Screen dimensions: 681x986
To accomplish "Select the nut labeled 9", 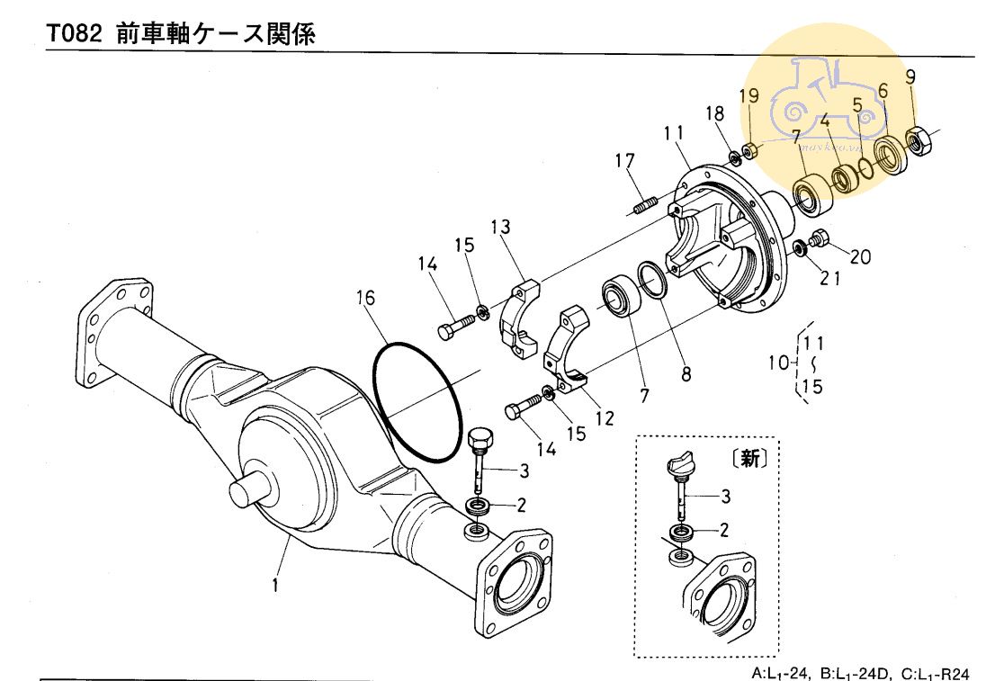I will coord(919,139).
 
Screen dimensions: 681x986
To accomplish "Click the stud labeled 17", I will coord(641,209).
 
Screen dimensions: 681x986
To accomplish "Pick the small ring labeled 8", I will coord(653,278).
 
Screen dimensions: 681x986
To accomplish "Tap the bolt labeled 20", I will coord(820,240).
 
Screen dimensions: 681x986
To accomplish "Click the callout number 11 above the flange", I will coord(675,133).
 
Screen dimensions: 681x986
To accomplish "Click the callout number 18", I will coord(714,113).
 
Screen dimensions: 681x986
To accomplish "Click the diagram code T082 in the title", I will coord(71,35).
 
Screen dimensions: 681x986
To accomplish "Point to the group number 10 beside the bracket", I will coord(777,363).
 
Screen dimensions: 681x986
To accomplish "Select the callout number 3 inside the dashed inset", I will coord(724,496).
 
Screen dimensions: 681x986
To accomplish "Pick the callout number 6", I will coord(883,91).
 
